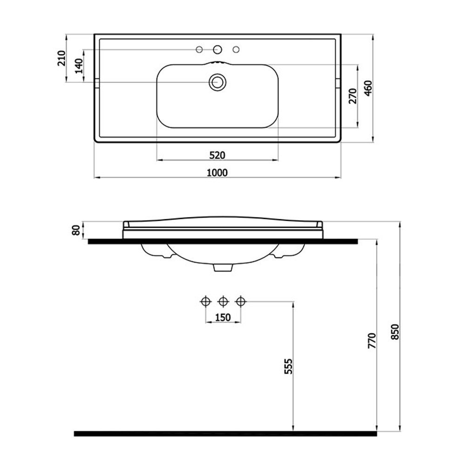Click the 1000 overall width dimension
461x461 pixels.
tap(217, 173)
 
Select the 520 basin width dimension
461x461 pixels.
tap(217, 155)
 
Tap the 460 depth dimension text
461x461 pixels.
tap(367, 88)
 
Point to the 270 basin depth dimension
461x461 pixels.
tap(352, 95)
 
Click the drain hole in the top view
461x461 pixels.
tap(216, 82)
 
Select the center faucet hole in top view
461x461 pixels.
tap(217, 49)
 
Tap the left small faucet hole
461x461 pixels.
tap(199, 49)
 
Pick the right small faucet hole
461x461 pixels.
tap(235, 49)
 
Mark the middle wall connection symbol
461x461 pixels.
tap(223, 302)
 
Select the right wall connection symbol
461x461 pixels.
tap(240, 302)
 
